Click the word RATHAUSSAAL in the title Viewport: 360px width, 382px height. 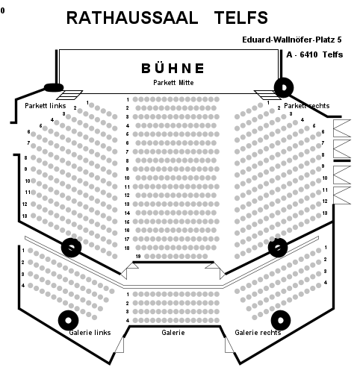pos(132,18)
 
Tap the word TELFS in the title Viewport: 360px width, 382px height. pos(241,18)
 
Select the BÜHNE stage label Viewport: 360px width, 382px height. pos(173,69)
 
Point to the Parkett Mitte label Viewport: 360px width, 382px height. pos(173,83)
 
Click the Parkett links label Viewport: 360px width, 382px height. pos(46,106)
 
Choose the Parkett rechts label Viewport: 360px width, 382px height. pos(307,106)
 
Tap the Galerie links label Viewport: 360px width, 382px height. pos(90,333)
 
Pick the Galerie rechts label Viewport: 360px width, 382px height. pos(258,333)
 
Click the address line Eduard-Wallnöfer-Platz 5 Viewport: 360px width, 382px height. pos(292,40)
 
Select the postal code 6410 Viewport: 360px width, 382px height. pos(309,54)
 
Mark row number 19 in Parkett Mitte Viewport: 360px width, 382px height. pos(138,257)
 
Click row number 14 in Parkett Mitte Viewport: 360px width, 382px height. pos(127,213)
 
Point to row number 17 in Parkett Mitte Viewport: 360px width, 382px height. pos(127,239)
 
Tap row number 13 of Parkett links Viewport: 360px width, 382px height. pos(25,216)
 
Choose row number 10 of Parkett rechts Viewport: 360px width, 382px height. pos(325,178)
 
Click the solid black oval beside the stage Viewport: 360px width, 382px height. pos(54,87)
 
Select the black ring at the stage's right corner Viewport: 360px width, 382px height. pos(284,87)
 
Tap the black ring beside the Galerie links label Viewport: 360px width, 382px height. pos(68,320)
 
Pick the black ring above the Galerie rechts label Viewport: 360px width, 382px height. pos(281,320)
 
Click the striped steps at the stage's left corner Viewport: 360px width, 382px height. pos(69,95)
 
